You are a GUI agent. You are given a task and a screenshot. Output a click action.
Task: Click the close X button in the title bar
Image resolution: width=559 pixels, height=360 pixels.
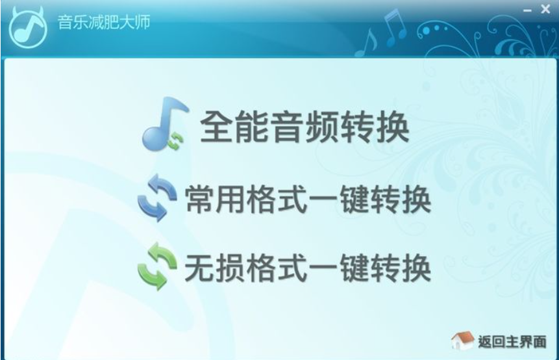click(545, 9)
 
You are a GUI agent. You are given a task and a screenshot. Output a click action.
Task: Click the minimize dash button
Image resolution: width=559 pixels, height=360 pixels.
click(527, 10)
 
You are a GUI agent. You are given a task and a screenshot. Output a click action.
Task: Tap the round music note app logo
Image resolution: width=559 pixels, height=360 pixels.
click(27, 27)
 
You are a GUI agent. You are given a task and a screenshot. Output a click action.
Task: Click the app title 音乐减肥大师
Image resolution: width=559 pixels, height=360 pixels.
click(104, 22)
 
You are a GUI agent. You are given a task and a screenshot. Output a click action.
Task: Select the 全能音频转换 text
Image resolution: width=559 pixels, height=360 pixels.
click(304, 127)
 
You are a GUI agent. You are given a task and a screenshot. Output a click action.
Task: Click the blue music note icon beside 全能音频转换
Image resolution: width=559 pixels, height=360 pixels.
click(165, 124)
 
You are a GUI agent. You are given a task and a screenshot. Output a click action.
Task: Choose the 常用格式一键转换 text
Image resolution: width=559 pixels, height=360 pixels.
click(308, 199)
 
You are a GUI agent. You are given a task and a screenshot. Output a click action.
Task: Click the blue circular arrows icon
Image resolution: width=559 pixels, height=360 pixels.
click(157, 198)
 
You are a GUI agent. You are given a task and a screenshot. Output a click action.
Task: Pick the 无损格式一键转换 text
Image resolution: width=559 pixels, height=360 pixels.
click(308, 268)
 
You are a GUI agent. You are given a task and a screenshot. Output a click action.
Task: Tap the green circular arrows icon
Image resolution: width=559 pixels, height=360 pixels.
click(157, 266)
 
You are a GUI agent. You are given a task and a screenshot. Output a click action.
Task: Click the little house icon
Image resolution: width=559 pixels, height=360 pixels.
click(462, 341)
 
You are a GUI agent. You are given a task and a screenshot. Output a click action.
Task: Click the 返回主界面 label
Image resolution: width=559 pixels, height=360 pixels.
click(512, 342)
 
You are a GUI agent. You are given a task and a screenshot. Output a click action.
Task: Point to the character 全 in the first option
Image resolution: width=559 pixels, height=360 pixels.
click(217, 127)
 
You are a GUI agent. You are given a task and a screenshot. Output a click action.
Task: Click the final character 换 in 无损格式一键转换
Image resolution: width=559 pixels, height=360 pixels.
click(417, 268)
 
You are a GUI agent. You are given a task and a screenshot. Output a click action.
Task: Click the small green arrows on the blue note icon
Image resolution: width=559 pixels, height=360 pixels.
click(176, 140)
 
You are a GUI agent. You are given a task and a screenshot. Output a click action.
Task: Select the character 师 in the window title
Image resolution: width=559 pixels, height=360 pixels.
click(143, 22)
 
